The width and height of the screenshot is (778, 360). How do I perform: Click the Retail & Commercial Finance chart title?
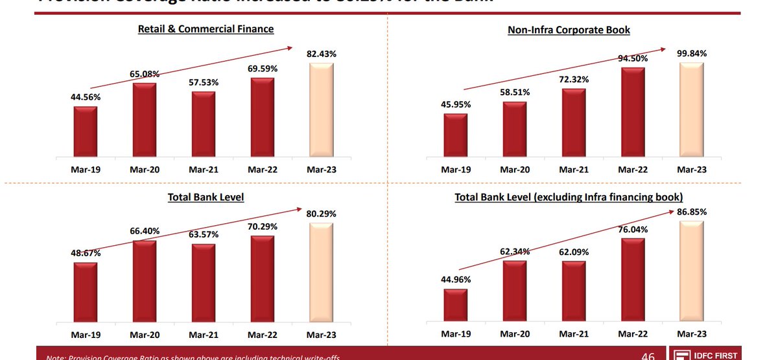pyautogui.click(x=206, y=29)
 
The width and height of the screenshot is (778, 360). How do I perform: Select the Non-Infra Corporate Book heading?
pyautogui.click(x=569, y=30)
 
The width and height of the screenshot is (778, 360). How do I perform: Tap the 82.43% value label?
pyautogui.click(x=322, y=54)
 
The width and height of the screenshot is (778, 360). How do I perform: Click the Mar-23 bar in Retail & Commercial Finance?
pyautogui.click(x=322, y=110)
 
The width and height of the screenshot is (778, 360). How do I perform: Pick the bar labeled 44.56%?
pyautogui.click(x=85, y=132)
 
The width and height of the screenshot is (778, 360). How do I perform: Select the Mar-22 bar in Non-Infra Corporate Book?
pyautogui.click(x=632, y=112)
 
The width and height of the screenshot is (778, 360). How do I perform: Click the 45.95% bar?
pyautogui.click(x=455, y=135)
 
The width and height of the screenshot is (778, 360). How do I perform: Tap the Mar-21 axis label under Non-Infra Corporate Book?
pyautogui.click(x=573, y=169)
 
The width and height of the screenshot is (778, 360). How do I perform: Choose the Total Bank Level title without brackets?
pyautogui.click(x=206, y=197)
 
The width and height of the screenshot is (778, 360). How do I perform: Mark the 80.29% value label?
pyautogui.click(x=322, y=213)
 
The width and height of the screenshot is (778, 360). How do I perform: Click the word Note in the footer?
pyautogui.click(x=56, y=357)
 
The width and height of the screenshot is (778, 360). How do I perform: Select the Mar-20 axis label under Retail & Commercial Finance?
pyautogui.click(x=144, y=169)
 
